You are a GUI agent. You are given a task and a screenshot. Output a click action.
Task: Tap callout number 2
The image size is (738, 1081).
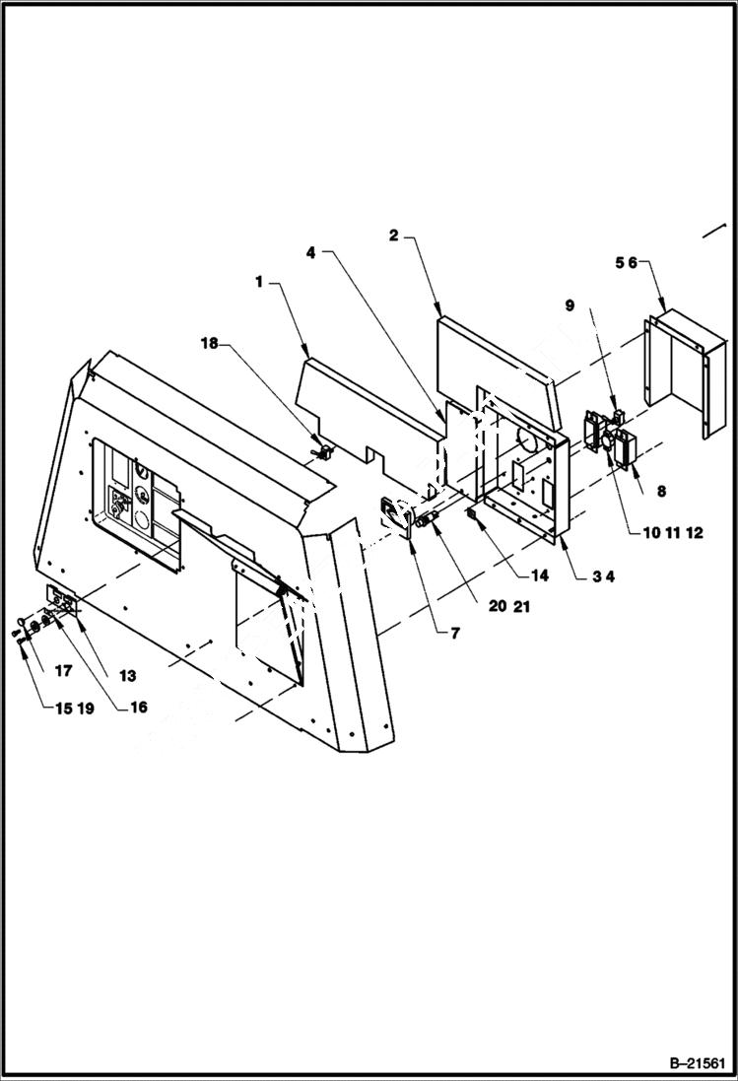point(393,235)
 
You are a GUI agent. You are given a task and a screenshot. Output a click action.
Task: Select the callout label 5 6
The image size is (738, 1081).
point(627,263)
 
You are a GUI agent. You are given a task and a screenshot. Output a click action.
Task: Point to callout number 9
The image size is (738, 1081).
point(569,306)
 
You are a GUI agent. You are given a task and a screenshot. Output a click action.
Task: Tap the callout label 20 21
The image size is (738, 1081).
point(507,606)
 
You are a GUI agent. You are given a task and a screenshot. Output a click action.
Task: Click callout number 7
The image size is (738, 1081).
point(454,634)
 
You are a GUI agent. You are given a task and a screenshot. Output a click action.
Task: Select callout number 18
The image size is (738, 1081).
point(210,343)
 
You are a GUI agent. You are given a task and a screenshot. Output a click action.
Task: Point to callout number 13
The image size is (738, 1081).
point(129,677)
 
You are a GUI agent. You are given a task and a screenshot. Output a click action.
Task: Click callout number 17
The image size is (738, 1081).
point(63,671)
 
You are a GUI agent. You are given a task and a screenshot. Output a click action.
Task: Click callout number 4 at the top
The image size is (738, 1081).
point(310,252)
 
